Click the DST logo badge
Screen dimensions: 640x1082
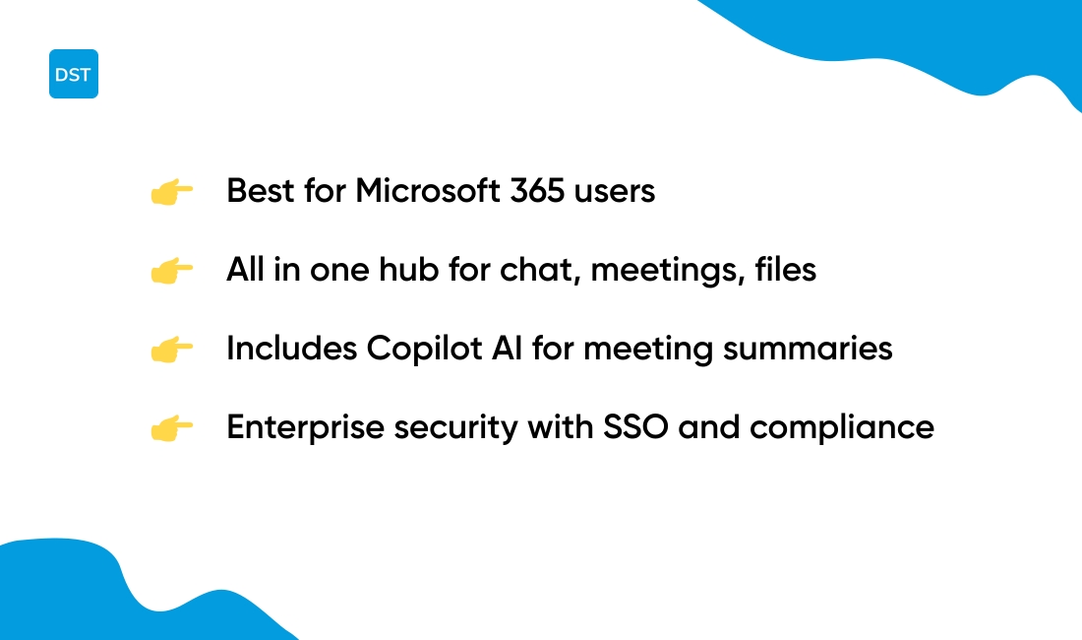coord(74,74)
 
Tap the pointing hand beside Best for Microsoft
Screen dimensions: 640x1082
coord(171,192)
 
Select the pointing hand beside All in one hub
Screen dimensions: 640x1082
coord(171,271)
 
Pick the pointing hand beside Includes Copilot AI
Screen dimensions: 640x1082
coord(171,350)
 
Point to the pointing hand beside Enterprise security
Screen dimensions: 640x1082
coord(171,428)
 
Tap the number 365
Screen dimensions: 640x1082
coord(538,191)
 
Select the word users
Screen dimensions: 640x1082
coord(616,191)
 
